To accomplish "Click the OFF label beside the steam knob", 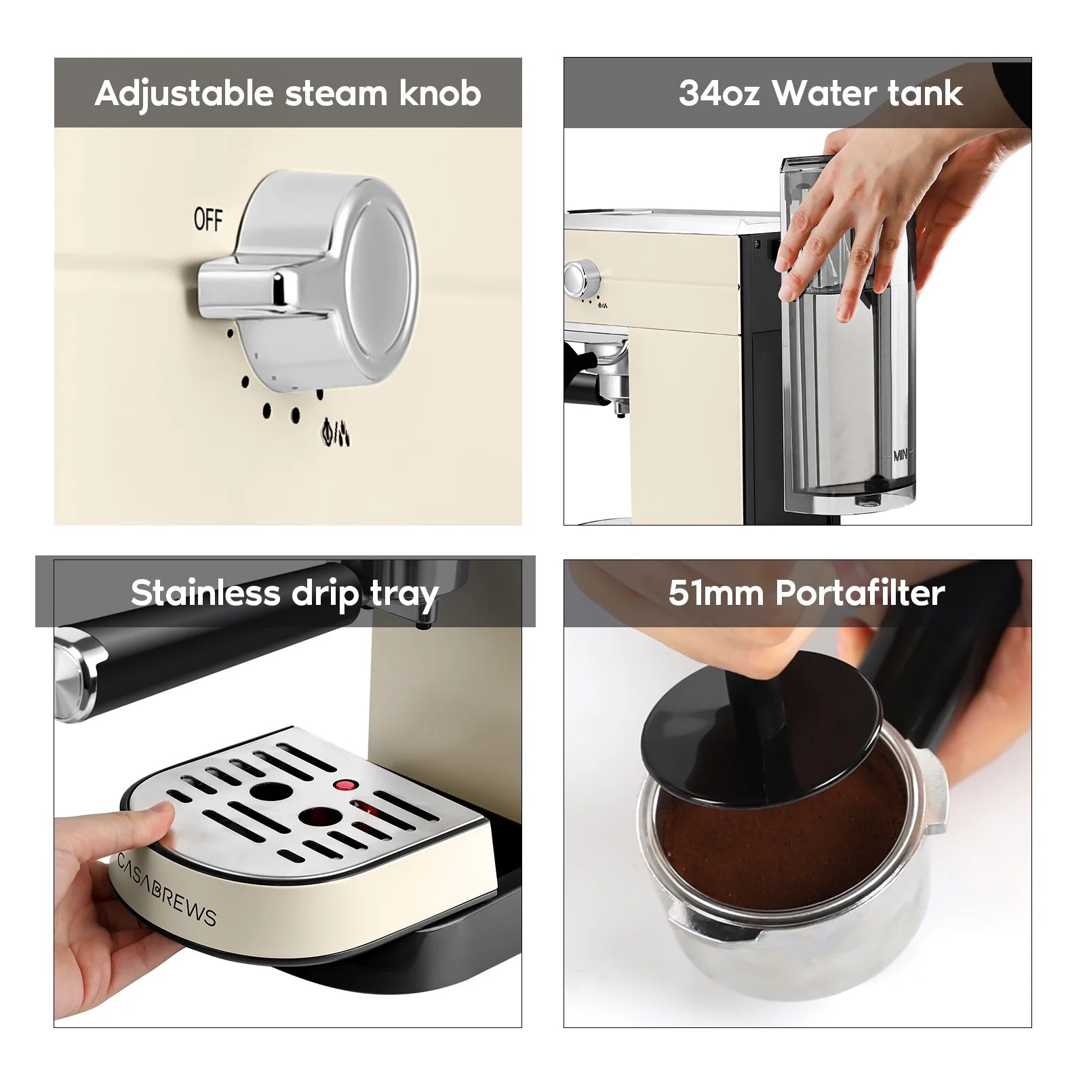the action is pyautogui.click(x=208, y=219).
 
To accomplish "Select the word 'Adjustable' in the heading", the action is pyautogui.click(x=184, y=94).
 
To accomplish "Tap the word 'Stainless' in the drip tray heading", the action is pyautogui.click(x=205, y=593).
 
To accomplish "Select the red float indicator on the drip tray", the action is pyautogui.click(x=345, y=785).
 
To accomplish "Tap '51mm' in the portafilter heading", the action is pyautogui.click(x=716, y=593).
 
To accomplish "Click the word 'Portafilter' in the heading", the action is pyautogui.click(x=860, y=593).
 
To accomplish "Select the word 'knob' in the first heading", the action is pyautogui.click(x=440, y=93).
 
